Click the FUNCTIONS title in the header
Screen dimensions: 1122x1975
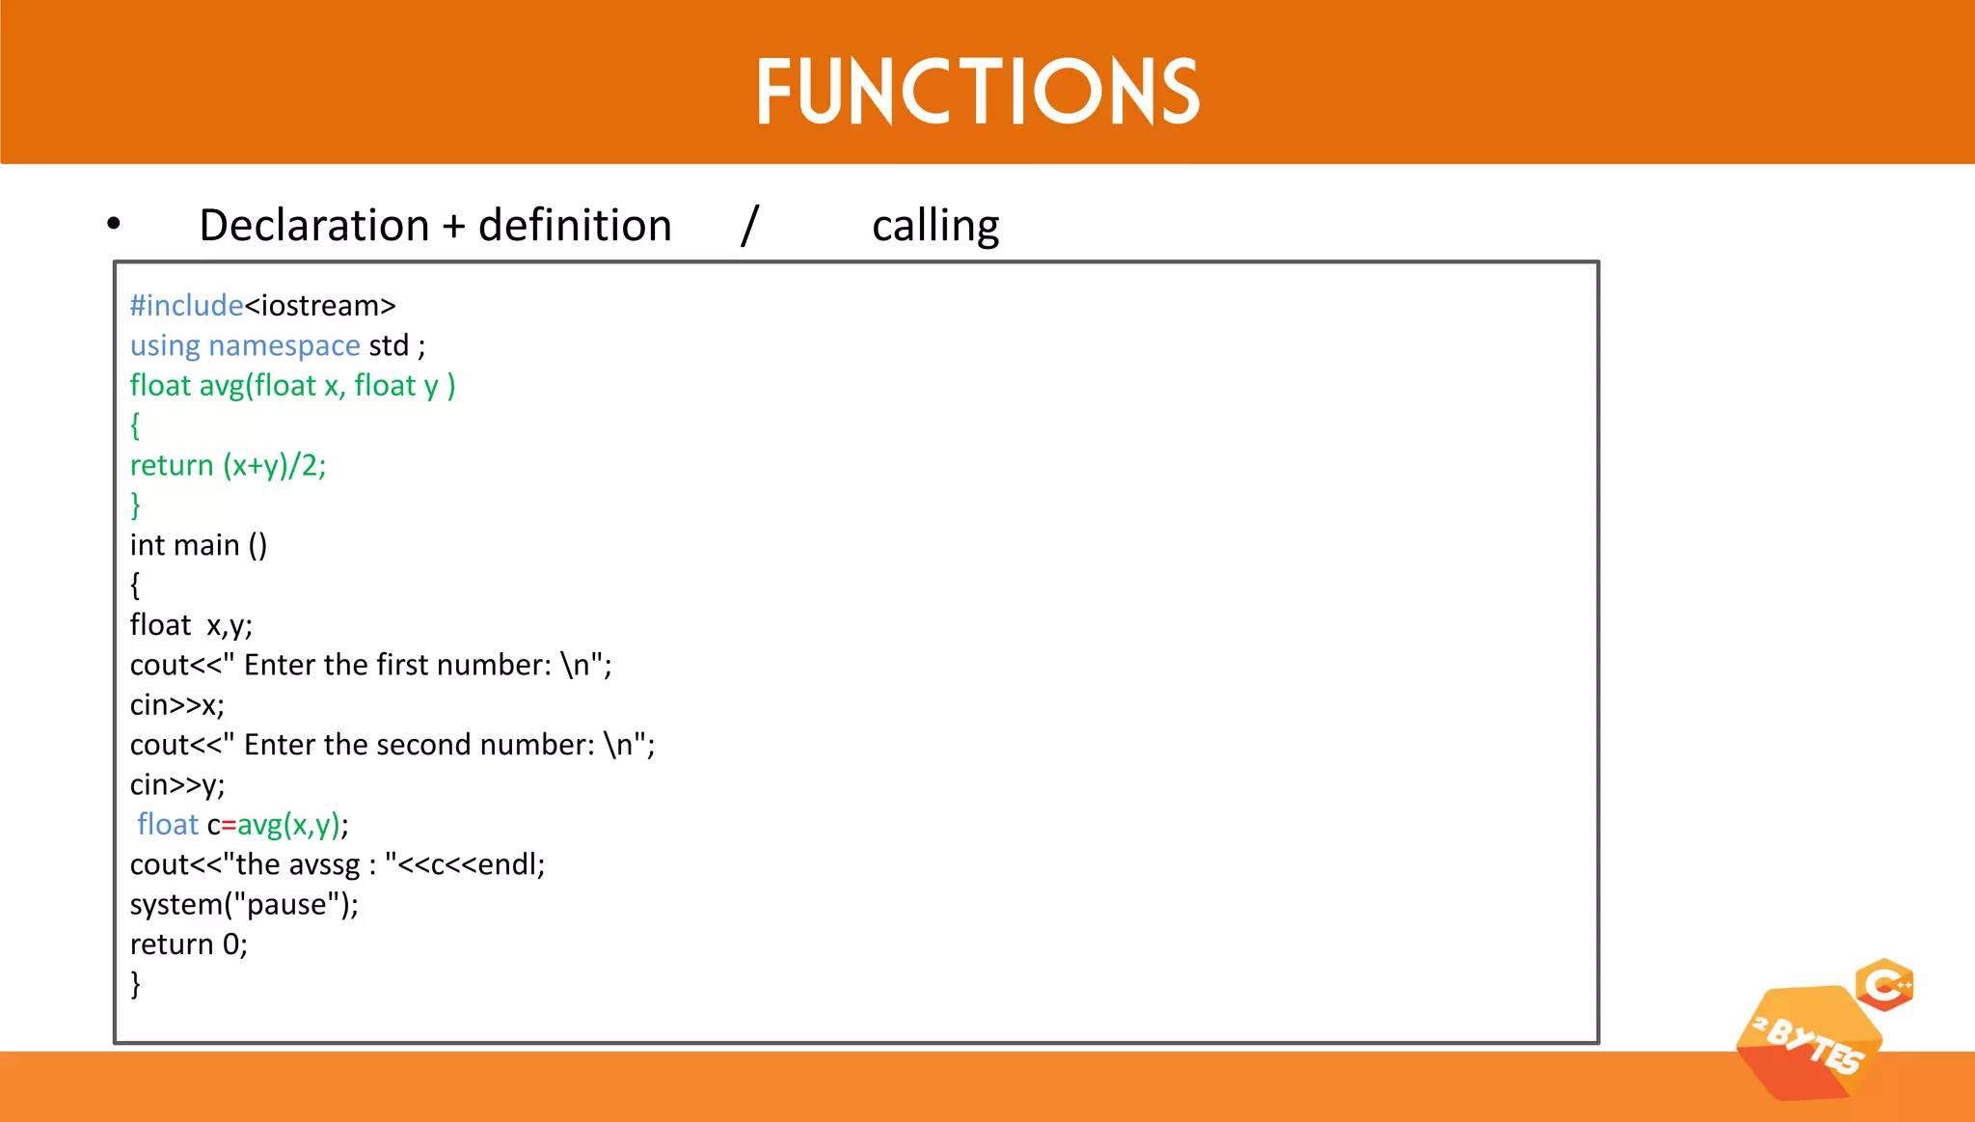[977, 92]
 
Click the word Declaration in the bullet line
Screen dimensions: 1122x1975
[313, 226]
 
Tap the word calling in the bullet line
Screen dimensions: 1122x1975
[934, 226]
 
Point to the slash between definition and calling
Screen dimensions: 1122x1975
[750, 225]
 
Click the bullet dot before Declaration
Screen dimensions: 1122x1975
[114, 224]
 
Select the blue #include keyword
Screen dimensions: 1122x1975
[186, 306]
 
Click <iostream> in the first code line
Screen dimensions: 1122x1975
[320, 306]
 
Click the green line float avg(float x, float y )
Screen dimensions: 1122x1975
[292, 386]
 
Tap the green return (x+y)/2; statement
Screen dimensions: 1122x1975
[228, 466]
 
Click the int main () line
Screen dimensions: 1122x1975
[198, 545]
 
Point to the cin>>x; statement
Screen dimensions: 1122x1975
[176, 705]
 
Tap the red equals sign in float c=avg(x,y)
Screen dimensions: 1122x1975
[229, 826]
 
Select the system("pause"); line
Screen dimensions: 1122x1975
[244, 905]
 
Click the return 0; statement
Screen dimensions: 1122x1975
[188, 944]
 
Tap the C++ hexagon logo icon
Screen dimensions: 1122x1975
[1884, 985]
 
